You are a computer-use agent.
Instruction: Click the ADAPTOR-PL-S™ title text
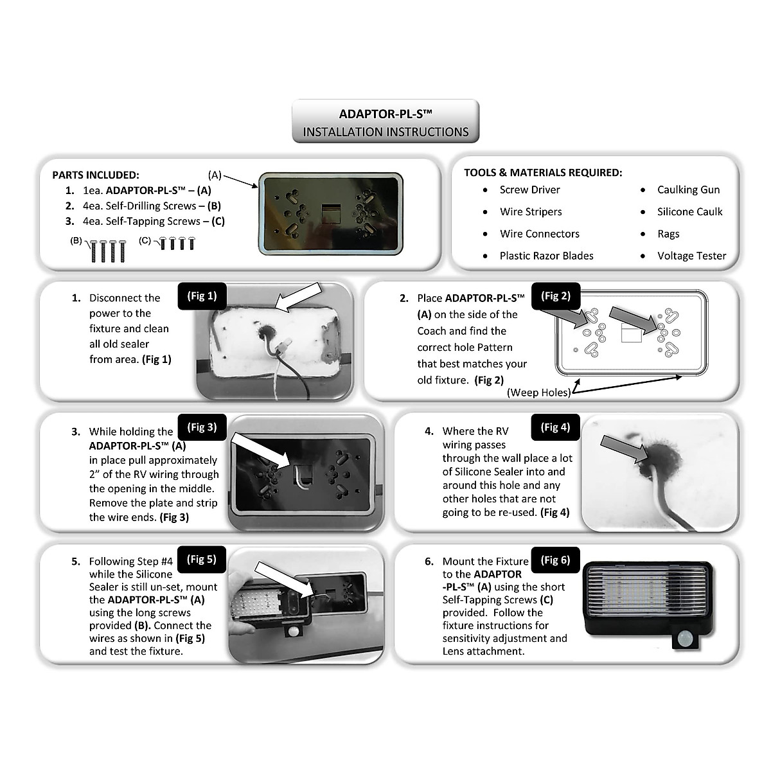[x=385, y=114]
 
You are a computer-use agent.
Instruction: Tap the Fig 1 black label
[x=202, y=296]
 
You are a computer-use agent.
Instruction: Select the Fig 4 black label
[x=555, y=427]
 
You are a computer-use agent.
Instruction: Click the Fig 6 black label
[x=555, y=560]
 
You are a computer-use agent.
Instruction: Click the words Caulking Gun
[x=688, y=190]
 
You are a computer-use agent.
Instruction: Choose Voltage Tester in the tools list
[x=691, y=256]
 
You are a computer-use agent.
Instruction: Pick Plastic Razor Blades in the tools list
[x=546, y=256]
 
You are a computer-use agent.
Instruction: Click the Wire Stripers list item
[x=531, y=211]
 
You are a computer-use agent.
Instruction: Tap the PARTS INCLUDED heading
[x=96, y=175]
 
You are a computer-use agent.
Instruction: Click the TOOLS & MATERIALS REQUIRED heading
[x=543, y=172]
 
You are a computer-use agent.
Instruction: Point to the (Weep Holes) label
[x=538, y=393]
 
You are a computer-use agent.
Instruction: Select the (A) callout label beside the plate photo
[x=215, y=175]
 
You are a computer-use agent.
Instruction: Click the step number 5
[x=76, y=562]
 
